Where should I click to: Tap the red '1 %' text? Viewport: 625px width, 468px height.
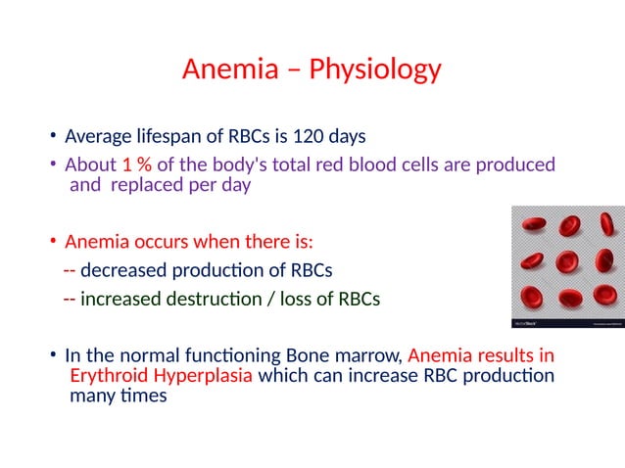click(137, 164)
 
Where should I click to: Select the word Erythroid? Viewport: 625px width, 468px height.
click(109, 376)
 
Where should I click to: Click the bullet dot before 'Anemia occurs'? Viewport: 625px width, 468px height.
click(55, 242)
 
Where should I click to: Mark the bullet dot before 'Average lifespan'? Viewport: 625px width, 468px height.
click(55, 135)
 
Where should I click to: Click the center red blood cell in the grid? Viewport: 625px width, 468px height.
click(567, 262)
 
